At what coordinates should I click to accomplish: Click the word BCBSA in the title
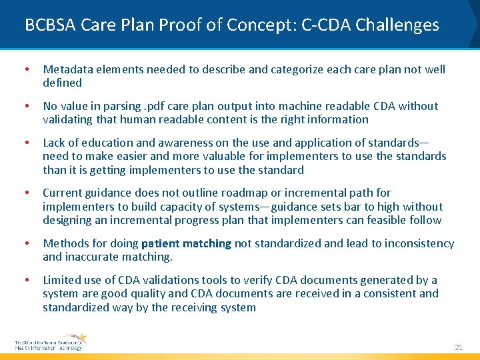[51, 25]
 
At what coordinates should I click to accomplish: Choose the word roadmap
[287, 193]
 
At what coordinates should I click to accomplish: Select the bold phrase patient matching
[186, 243]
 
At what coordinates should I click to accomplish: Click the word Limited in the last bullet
[61, 280]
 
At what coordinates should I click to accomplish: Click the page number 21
[458, 347]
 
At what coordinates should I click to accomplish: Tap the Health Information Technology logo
[50, 342]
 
